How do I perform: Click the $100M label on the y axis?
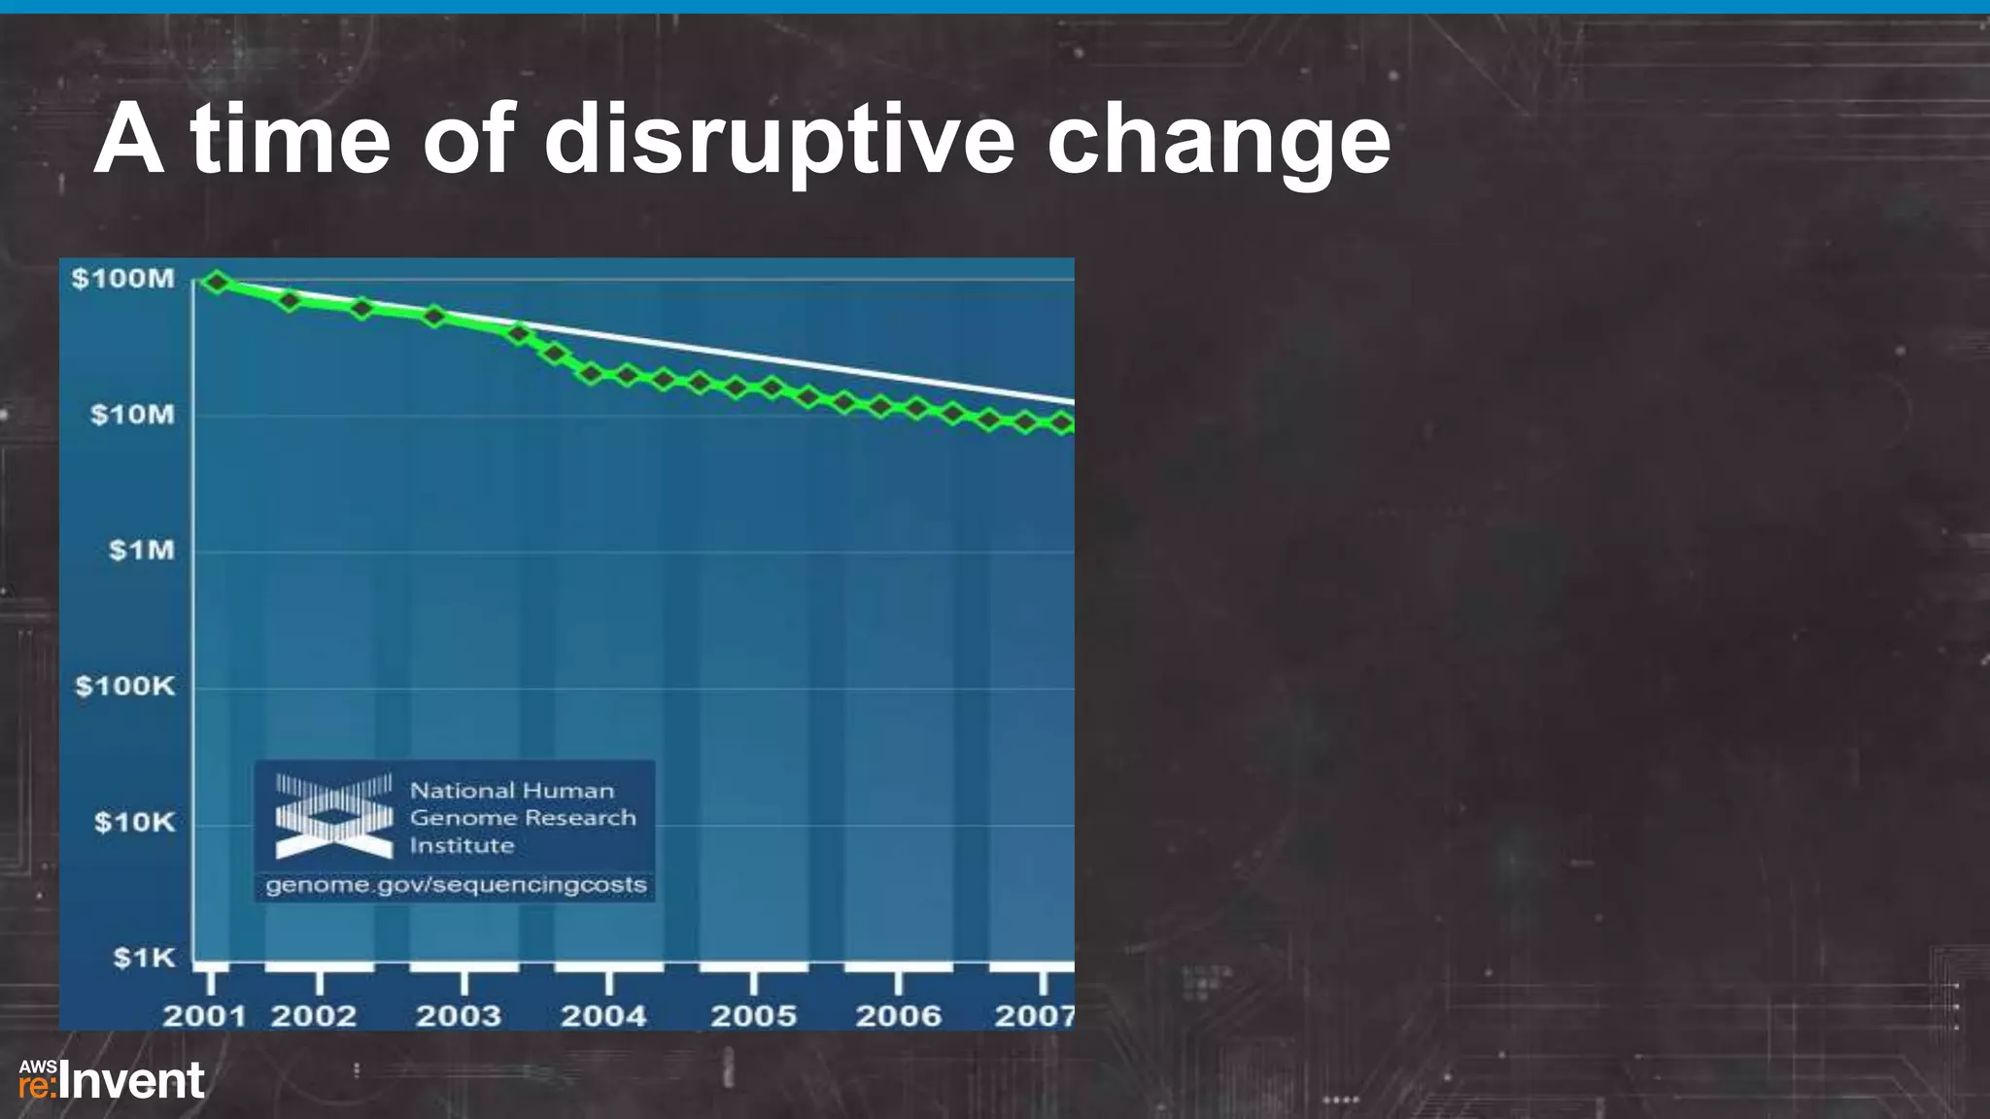pos(123,280)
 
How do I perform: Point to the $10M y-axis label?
pos(133,416)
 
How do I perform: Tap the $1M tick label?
pos(142,551)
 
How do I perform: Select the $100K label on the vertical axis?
pos(125,687)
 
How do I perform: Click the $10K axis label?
pos(135,824)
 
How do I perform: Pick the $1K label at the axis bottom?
pos(145,959)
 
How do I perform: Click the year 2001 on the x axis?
pos(204,1017)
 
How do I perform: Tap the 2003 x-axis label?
pos(459,1017)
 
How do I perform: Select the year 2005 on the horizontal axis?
pos(753,1017)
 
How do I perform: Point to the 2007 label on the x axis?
pos(1034,1017)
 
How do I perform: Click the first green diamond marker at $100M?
pos(218,283)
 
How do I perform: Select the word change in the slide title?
pos(1218,141)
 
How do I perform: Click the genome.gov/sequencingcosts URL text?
pos(456,886)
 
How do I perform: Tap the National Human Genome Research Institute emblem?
pos(333,816)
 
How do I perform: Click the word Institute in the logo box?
pos(462,846)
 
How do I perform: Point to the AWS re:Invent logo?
pos(112,1081)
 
